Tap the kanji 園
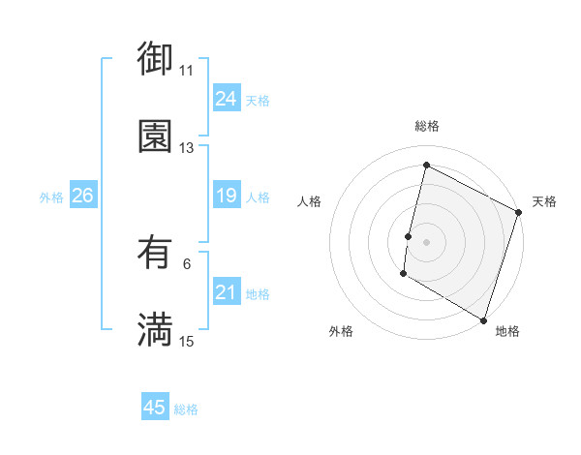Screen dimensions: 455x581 point(155,136)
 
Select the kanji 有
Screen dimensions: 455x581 point(155,253)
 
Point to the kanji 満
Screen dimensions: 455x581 point(155,330)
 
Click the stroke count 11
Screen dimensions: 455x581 point(187,71)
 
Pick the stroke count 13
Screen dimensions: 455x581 point(187,148)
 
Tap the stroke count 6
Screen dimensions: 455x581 point(187,264)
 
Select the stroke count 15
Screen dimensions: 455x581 point(187,342)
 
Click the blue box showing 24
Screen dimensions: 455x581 point(226,98)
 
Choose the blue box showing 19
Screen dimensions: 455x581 point(226,196)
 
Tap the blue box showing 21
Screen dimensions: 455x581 point(226,292)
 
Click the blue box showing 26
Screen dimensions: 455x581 point(82,196)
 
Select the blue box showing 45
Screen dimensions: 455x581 point(155,408)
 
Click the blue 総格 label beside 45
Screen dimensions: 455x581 point(186,409)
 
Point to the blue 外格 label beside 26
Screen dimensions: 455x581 point(51,197)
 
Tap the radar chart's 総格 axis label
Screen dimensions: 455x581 point(426,126)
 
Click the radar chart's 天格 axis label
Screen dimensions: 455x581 point(544,201)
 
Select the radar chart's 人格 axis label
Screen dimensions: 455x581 point(309,201)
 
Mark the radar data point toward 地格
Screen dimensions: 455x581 point(483,318)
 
